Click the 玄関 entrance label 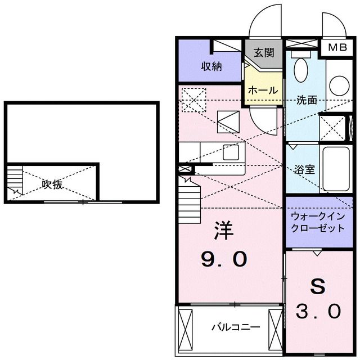pyautogui.click(x=263, y=53)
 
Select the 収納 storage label pyautogui.click(x=211, y=66)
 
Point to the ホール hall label pyautogui.click(x=262, y=90)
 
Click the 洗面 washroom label pyautogui.click(x=307, y=101)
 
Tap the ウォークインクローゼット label pyautogui.click(x=318, y=222)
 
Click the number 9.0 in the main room pyautogui.click(x=224, y=259)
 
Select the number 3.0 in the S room pyautogui.click(x=318, y=310)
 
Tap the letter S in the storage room pyautogui.click(x=318, y=285)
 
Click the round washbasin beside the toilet pyautogui.click(x=339, y=86)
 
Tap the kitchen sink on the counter pyautogui.click(x=231, y=152)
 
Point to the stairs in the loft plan pyautogui.click(x=15, y=183)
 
